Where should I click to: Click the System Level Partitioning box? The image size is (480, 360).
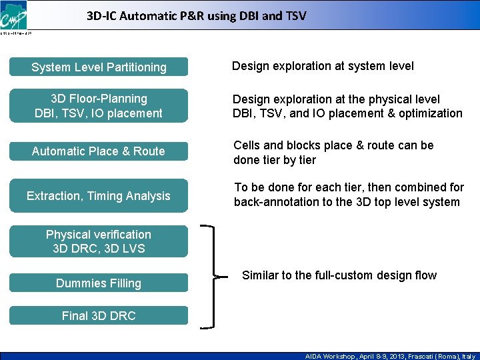pos(99,67)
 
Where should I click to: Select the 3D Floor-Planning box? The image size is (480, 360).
pos(99,106)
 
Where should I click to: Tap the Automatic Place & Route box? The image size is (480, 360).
pos(99,151)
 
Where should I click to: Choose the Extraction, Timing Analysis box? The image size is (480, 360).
pos(99,196)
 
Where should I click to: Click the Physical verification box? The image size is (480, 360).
pos(99,241)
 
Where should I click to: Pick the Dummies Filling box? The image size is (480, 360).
pos(99,283)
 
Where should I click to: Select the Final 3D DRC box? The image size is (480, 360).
pos(99,316)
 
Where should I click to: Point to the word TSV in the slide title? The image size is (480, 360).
pos(294,15)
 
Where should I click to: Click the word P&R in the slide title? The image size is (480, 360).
pos(181,15)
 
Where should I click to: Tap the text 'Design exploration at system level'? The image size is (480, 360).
pos(323,66)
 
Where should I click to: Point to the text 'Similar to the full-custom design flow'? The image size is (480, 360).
pos(339,275)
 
